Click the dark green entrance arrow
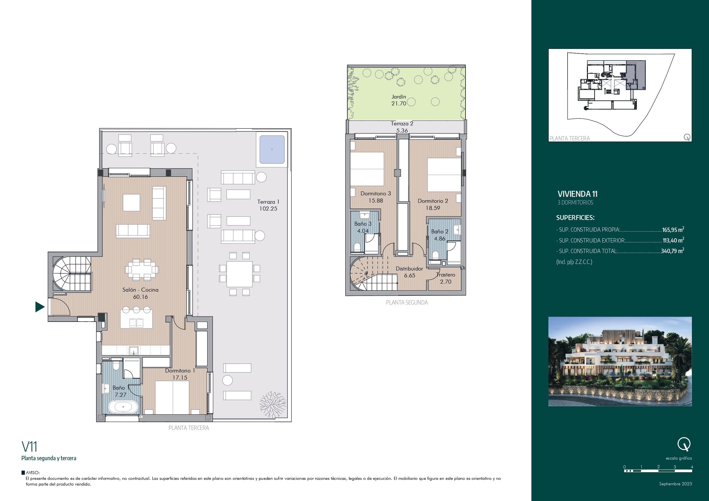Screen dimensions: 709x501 coord(39,307)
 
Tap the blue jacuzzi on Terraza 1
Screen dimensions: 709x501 coord(272,149)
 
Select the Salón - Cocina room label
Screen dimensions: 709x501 coord(141,290)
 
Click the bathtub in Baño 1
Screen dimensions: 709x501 coord(123,407)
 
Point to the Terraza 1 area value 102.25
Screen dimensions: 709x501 coord(268,209)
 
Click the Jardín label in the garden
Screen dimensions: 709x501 coord(399,97)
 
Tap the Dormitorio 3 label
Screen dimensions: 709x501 coord(376,194)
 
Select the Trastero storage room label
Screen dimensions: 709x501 coord(446,275)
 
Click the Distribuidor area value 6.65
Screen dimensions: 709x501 coord(410,276)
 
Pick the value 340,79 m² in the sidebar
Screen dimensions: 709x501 coord(672,251)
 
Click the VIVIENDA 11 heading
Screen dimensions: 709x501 coord(578,194)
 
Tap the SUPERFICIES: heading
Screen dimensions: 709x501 coord(575,218)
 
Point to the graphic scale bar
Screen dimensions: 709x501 coord(658,471)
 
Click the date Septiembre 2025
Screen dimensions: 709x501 coord(676,484)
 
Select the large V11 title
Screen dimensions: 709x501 coord(29,447)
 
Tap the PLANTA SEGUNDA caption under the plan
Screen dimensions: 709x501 coord(407,302)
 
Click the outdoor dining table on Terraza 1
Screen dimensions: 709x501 coord(239,274)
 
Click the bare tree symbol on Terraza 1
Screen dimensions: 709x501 coord(273,404)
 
